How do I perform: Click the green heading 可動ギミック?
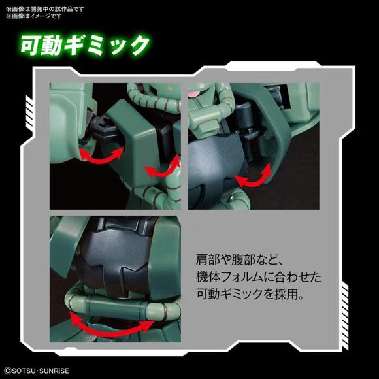(x=84, y=45)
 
